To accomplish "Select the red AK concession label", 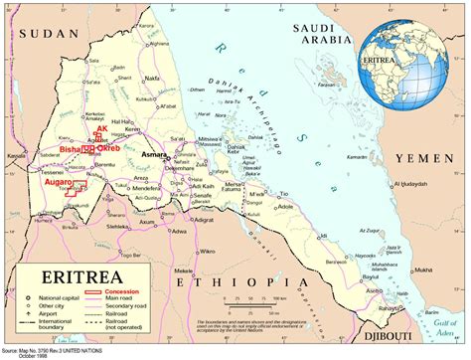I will click(101, 129).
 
